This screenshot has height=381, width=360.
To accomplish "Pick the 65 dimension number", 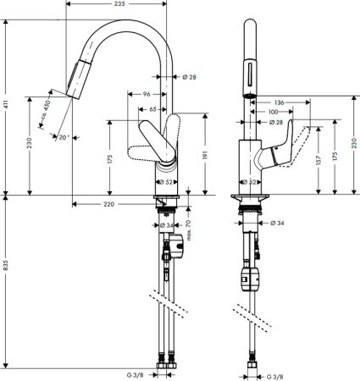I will click(x=152, y=109).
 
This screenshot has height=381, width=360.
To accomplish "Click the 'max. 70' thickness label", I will click(x=190, y=229).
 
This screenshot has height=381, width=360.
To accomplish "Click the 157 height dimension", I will click(x=317, y=159).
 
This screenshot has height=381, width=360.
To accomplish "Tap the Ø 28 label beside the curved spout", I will click(x=189, y=78).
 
